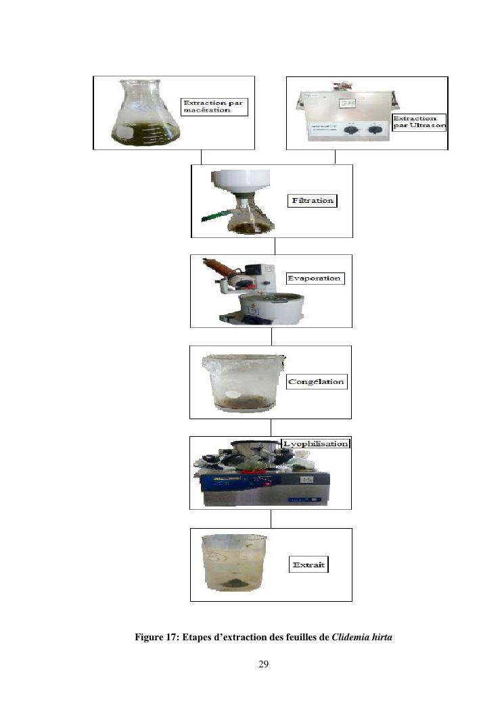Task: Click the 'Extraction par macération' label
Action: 214,107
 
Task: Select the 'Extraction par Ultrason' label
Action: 419,122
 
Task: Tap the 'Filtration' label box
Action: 313,201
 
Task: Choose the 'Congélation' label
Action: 317,382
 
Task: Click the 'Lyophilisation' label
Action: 315,444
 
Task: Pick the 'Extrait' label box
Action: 309,565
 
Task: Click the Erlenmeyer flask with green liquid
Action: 145,113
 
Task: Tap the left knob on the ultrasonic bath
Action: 350,130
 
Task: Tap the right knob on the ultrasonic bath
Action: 374,130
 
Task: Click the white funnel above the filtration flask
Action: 240,183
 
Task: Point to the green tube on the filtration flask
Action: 218,216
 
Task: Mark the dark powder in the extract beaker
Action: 233,583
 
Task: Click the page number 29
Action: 264,664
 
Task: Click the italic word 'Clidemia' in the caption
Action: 350,637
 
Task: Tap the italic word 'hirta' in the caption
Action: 382,637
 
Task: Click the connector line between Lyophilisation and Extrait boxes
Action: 271,519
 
